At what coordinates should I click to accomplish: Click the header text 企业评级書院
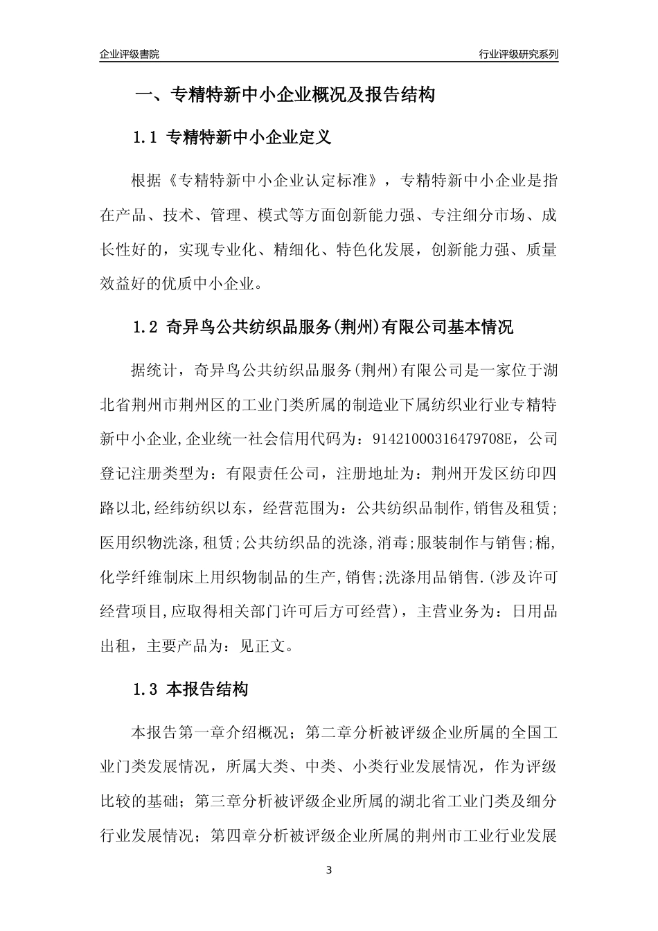pos(130,54)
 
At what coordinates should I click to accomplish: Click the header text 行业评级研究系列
pos(518,54)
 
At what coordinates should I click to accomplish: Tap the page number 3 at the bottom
pos(329,870)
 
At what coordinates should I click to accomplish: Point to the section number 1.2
pos(146,327)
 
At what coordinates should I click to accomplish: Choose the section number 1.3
pos(146,689)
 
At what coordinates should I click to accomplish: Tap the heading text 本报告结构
pos(207,689)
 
